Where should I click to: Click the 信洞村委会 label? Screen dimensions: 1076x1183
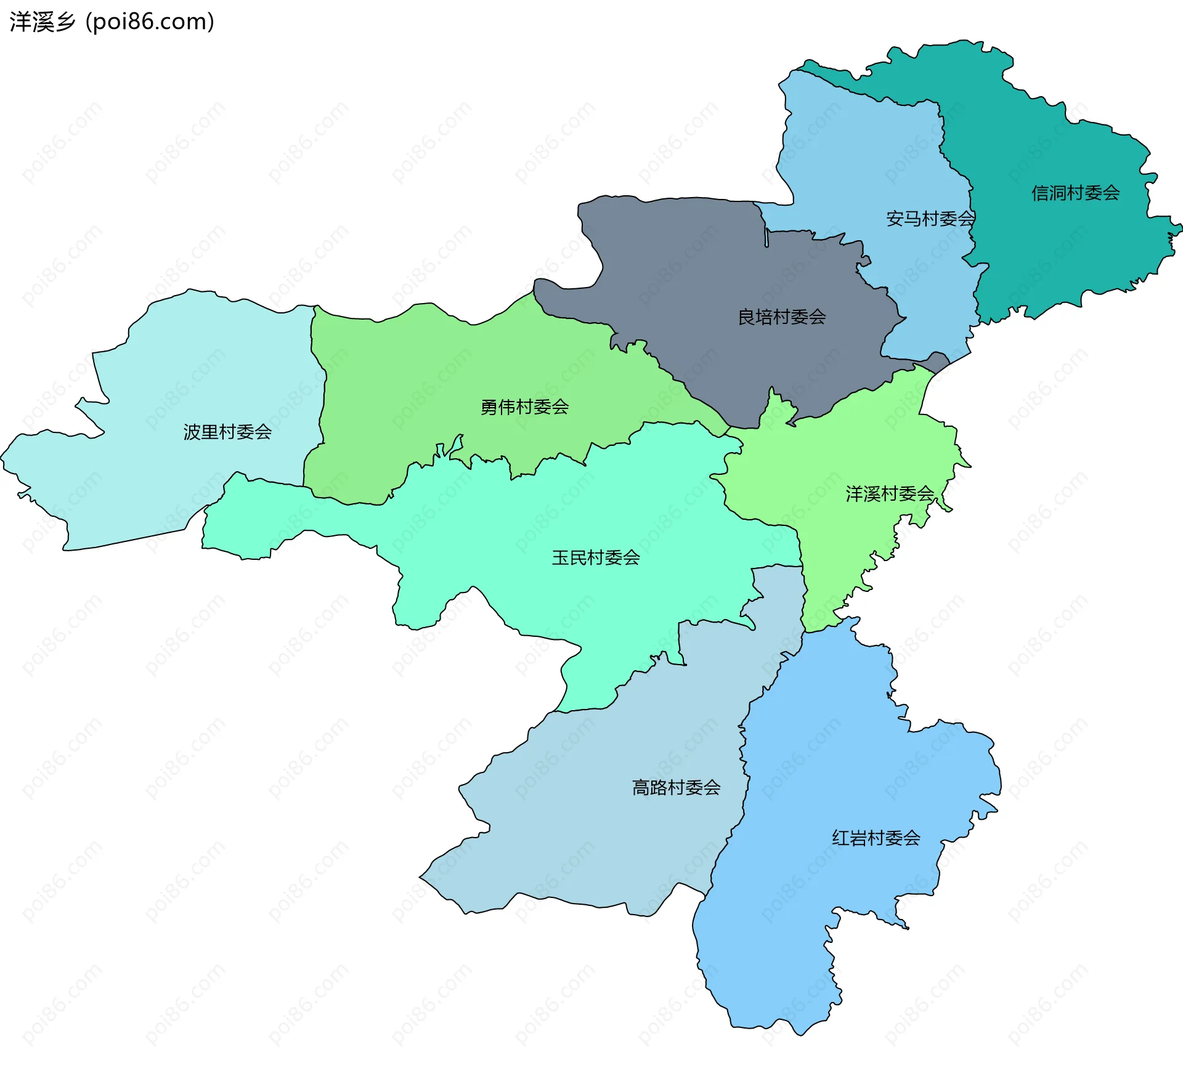(x=1075, y=193)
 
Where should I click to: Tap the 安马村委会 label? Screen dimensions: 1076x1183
(x=930, y=219)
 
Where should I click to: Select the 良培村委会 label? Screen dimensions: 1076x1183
(x=782, y=317)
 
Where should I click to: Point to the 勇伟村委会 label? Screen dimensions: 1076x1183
(x=524, y=407)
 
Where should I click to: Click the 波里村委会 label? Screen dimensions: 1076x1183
(x=227, y=432)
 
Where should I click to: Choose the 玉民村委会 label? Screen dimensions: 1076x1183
(x=596, y=558)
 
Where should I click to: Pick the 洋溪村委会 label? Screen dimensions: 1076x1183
(x=890, y=494)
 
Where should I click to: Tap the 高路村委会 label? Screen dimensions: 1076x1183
(x=676, y=788)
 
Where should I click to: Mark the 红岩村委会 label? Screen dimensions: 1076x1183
(x=876, y=838)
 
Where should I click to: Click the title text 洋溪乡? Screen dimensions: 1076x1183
(x=42, y=22)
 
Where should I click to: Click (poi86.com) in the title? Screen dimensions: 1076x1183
(x=150, y=22)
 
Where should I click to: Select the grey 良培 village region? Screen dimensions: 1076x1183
(x=709, y=271)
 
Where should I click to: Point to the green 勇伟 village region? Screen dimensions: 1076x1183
(x=431, y=370)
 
